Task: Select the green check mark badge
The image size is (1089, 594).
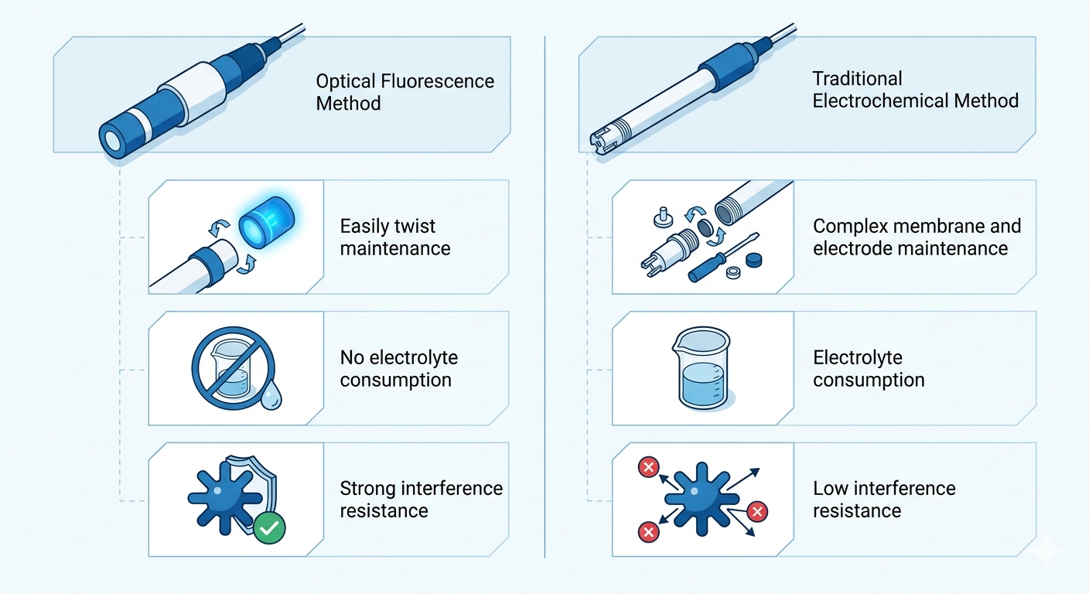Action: tap(269, 529)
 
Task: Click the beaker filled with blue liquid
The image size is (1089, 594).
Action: tap(704, 367)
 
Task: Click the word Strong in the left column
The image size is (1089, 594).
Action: tap(368, 489)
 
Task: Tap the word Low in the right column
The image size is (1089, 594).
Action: tap(829, 489)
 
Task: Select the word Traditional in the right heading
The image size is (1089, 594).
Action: tap(857, 79)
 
